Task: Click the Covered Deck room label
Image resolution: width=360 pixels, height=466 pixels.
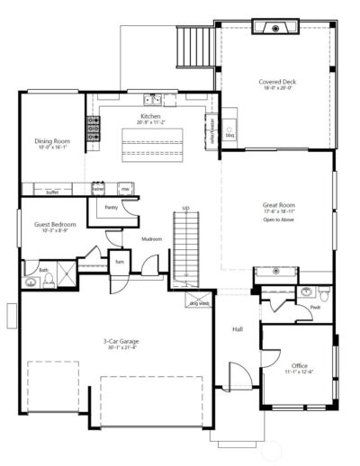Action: point(277,82)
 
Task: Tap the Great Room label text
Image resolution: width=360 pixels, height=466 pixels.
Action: point(279,205)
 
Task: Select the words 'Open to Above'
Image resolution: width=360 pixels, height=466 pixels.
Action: point(279,220)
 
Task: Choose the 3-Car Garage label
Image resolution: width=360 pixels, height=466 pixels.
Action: point(121,341)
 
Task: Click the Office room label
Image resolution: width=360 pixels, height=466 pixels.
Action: point(300,365)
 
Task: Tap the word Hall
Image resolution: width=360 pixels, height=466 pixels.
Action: point(238,329)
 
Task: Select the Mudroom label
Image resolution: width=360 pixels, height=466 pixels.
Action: point(151,238)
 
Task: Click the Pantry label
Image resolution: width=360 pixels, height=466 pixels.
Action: point(112,207)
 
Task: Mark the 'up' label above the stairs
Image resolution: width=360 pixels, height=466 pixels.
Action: point(186,207)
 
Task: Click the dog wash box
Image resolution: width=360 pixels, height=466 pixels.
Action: point(197,302)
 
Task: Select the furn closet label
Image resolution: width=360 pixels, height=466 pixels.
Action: point(119,262)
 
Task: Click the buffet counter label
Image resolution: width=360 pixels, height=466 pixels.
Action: point(52,191)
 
